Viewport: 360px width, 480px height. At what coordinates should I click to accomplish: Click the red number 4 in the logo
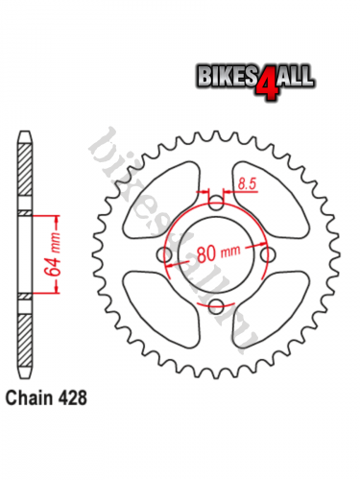(267, 84)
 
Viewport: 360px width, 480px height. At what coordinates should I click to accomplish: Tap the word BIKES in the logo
(228, 76)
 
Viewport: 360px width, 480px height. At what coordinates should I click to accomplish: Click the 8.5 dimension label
(248, 184)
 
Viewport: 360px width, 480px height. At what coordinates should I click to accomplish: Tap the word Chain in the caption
(29, 397)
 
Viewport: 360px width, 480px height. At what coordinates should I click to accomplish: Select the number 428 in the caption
(72, 397)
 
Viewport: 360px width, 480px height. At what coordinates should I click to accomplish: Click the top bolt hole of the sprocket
(216, 203)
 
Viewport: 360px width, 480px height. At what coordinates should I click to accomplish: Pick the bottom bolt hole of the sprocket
(216, 306)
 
